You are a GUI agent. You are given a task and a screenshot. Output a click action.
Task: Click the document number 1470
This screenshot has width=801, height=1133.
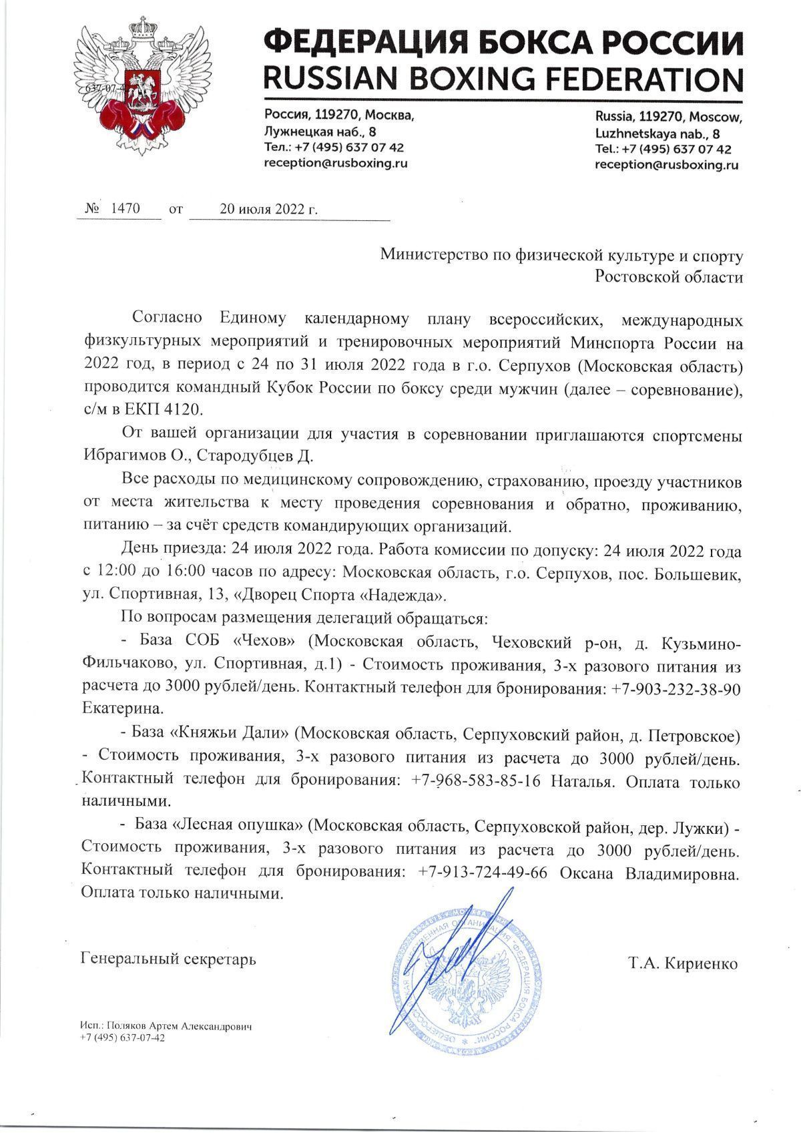pyautogui.click(x=125, y=208)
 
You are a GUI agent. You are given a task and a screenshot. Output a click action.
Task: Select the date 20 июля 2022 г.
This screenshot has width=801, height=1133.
pyautogui.click(x=269, y=209)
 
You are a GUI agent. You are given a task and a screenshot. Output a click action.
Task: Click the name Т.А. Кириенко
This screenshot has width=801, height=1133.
pyautogui.click(x=682, y=964)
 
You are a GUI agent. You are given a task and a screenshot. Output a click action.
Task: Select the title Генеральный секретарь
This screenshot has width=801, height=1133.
pyautogui.click(x=168, y=959)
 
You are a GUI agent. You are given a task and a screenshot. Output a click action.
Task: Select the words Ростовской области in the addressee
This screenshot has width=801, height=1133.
pyautogui.click(x=669, y=277)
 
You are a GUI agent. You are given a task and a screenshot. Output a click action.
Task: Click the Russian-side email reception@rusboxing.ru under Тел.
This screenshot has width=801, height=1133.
pyautogui.click(x=336, y=163)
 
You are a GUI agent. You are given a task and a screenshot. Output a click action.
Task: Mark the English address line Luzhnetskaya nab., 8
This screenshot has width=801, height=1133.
pyautogui.click(x=657, y=133)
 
